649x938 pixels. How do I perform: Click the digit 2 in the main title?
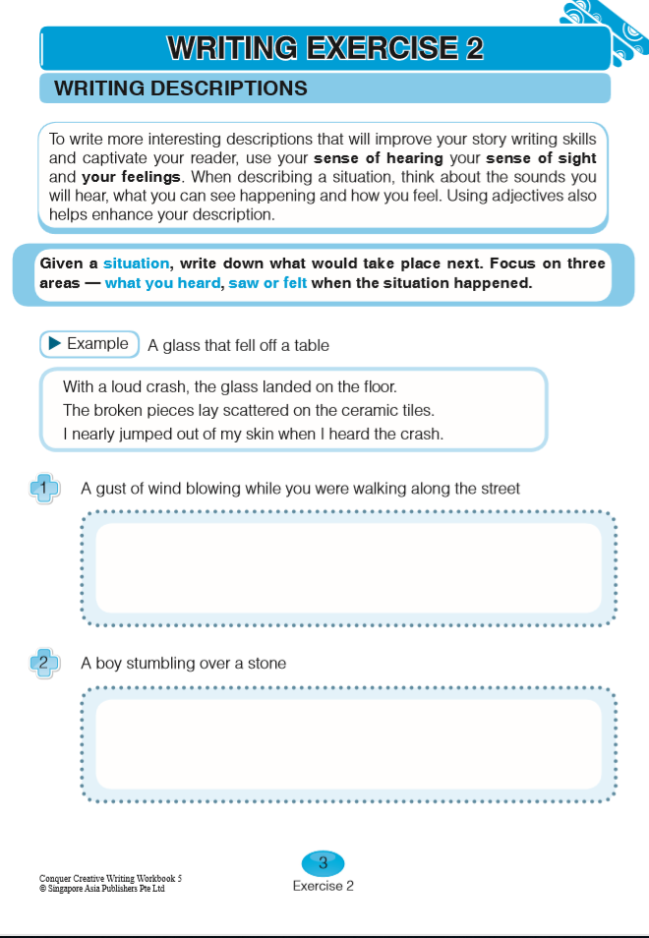pyautogui.click(x=473, y=48)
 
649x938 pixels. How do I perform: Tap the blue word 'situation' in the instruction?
pyautogui.click(x=136, y=264)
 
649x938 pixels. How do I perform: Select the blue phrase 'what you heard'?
pyautogui.click(x=162, y=283)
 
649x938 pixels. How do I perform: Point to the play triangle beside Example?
pyautogui.click(x=55, y=343)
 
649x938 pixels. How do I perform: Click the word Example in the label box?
pyautogui.click(x=97, y=343)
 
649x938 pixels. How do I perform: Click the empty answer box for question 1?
pyautogui.click(x=348, y=567)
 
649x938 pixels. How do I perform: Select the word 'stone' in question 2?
pyautogui.click(x=265, y=664)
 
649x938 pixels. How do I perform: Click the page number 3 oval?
pyautogui.click(x=323, y=863)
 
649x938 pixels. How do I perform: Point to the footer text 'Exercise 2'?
pyautogui.click(x=323, y=886)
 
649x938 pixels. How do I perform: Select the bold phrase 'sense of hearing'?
pyautogui.click(x=379, y=159)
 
